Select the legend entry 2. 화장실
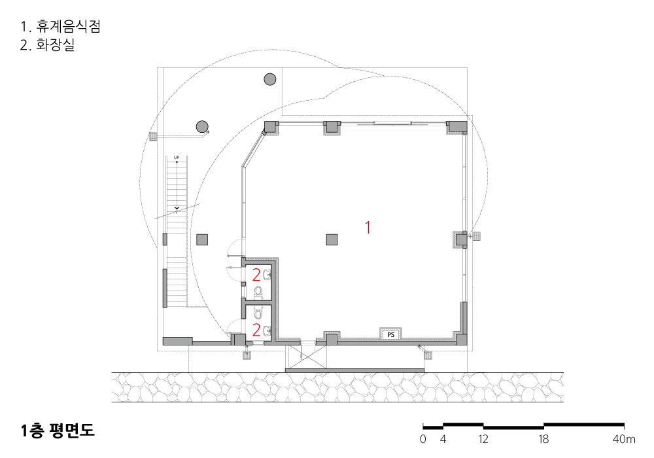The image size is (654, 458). [x=48, y=46]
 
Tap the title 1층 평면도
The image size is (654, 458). [x=58, y=431]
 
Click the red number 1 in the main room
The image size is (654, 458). [x=368, y=228]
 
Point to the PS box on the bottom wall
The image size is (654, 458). [x=390, y=334]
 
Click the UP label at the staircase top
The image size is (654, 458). [x=177, y=158]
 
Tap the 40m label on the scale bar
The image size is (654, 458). [x=625, y=439]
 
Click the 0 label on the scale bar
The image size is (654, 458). [x=423, y=439]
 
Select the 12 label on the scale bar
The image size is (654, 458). [x=483, y=439]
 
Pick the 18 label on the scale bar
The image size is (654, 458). [x=543, y=439]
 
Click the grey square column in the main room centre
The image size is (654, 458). [x=332, y=239]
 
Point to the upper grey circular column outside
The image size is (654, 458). [x=269, y=80]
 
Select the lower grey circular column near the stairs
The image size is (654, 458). [x=202, y=126]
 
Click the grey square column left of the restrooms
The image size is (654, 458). [x=202, y=239]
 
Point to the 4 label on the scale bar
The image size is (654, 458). [x=443, y=439]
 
